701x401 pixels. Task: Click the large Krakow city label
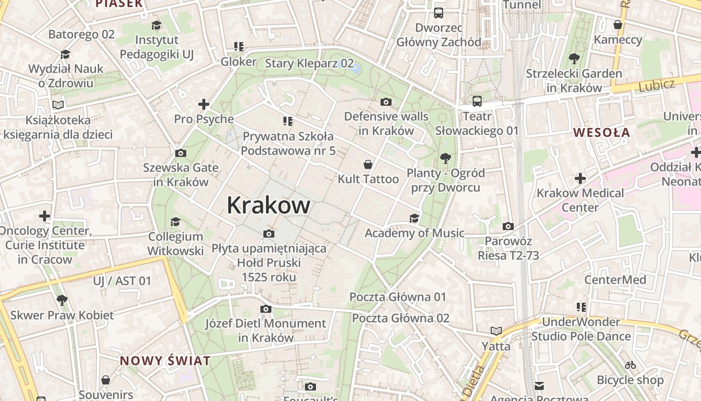point(268,206)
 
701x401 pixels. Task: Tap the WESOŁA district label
point(601,133)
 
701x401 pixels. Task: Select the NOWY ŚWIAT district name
point(165,361)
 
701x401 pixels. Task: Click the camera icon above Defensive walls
point(386,102)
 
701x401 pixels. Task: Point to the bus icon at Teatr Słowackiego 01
point(477,101)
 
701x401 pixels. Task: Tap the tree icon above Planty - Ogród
point(445,159)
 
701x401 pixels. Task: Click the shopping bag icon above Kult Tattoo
point(368,164)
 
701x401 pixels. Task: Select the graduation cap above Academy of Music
point(414,218)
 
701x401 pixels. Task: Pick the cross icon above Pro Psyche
point(203,104)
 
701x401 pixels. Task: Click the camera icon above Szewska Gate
point(181,153)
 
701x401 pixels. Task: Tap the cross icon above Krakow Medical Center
point(580,178)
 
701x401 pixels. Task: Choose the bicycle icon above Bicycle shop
point(630,365)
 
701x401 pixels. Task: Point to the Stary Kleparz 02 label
point(309,64)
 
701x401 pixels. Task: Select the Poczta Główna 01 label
point(398,297)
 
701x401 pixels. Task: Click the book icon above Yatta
point(496,331)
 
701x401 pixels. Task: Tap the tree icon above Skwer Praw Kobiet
point(62,300)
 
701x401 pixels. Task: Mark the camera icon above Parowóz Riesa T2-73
point(508,227)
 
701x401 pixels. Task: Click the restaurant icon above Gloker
point(239,47)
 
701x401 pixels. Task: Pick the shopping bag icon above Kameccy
point(618,25)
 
